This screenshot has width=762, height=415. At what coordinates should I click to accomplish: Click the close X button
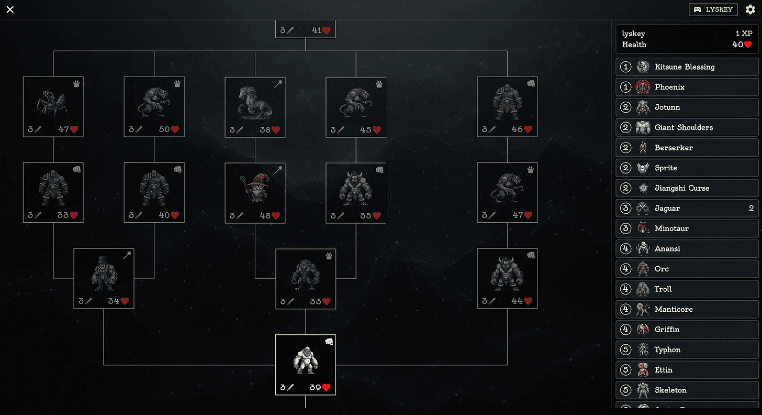pyautogui.click(x=10, y=9)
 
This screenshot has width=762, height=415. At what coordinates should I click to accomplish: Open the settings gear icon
pyautogui.click(x=750, y=9)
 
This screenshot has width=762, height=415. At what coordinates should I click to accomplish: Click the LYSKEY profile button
pyautogui.click(x=713, y=9)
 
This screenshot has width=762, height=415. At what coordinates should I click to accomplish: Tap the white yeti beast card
pyautogui.click(x=306, y=365)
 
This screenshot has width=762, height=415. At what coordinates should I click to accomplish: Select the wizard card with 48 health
pyautogui.click(x=255, y=193)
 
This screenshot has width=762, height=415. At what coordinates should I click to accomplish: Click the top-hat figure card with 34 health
pyautogui.click(x=104, y=278)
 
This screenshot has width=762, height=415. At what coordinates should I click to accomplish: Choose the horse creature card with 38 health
pyautogui.click(x=255, y=107)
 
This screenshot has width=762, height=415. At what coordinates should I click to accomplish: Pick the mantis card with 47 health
pyautogui.click(x=53, y=107)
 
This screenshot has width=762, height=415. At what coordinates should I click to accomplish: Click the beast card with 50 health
pyautogui.click(x=154, y=107)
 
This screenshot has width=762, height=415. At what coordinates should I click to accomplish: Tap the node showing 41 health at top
pyautogui.click(x=306, y=30)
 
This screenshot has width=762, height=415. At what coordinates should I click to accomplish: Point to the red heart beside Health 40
pyautogui.click(x=748, y=45)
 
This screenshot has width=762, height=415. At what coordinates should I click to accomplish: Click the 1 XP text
pyautogui.click(x=744, y=34)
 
